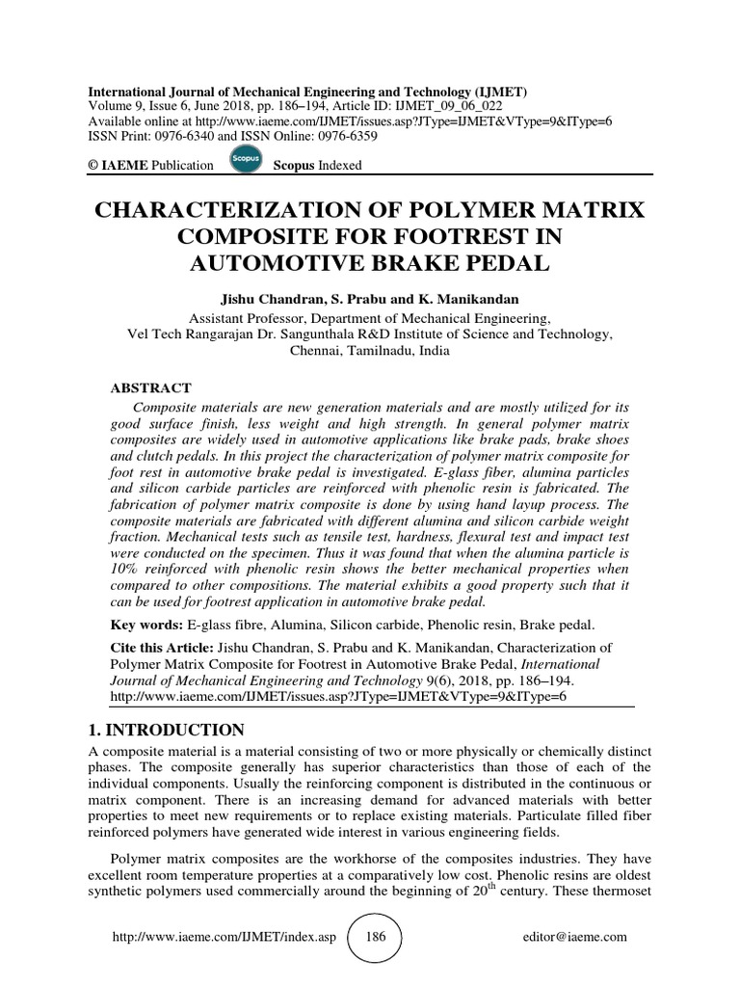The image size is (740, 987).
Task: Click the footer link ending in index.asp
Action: click(x=224, y=937)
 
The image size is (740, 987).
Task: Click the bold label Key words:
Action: click(x=143, y=625)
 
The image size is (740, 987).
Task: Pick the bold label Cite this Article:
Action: click(x=165, y=649)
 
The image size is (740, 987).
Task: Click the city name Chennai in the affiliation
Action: click(x=314, y=351)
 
